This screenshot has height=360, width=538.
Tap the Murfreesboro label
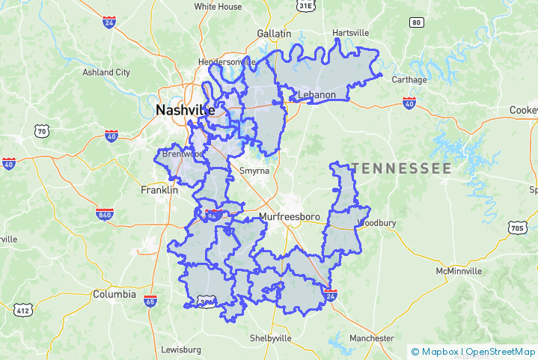pos(289,217)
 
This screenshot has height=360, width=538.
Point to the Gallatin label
pos(274,34)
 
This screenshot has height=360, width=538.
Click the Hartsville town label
pos(351,33)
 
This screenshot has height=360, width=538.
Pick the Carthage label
pos(409,79)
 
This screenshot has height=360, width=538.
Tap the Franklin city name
pos(159,190)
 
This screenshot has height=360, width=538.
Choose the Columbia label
pos(114,294)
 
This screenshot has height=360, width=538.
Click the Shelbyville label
pos(270,338)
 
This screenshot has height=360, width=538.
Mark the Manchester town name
pos(371,338)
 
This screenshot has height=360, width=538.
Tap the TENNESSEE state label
pos(402,168)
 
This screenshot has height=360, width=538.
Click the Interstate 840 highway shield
pos(105,214)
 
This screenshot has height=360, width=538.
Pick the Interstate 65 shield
pos(150,302)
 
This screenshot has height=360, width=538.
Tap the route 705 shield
pos(517,227)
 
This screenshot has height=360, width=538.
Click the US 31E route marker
pos(305,6)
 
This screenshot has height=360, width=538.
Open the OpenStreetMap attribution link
pos(501,351)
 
